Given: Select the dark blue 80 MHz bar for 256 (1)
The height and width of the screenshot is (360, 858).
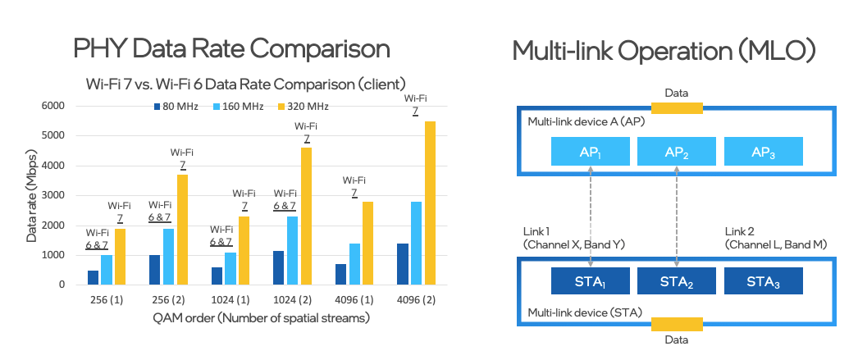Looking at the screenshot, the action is coord(93,278).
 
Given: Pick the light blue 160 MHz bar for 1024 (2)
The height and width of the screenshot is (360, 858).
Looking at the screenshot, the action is coord(293,251).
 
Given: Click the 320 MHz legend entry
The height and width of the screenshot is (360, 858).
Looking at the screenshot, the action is coord(292,107).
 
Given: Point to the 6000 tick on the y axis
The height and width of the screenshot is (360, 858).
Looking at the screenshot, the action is coord(53,106).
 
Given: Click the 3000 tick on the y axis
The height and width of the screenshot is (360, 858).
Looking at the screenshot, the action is coord(53,195).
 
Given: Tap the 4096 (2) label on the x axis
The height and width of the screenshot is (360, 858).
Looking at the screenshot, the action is coord(416,300).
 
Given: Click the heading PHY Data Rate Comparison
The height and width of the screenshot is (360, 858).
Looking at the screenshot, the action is coord(231,48).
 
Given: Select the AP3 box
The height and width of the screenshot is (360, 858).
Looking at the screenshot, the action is coord(764,152).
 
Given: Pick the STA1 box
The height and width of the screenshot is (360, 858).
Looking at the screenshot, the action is coord(591,281).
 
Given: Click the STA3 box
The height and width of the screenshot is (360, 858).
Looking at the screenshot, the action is coord(764,281).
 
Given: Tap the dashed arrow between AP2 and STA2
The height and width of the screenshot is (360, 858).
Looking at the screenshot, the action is coord(677,216).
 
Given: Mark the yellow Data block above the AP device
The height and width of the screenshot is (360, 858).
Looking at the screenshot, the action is coord(677,107).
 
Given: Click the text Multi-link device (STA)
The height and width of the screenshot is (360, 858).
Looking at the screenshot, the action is coord(584,312).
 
